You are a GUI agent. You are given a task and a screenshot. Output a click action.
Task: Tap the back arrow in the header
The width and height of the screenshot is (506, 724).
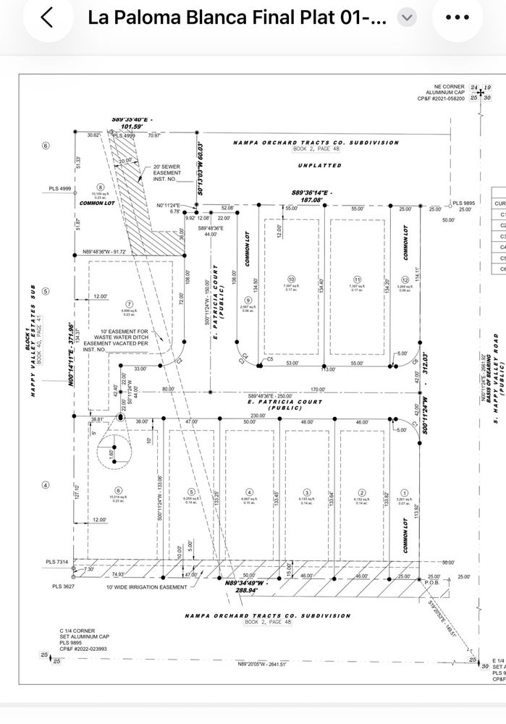coord(46,17)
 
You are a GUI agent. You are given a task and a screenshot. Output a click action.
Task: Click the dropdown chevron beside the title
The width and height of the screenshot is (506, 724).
coord(408,17)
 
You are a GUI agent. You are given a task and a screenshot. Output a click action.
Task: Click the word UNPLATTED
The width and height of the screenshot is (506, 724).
coord(319,166)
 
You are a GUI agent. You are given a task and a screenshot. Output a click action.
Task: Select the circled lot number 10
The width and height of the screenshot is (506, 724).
coord(292,279)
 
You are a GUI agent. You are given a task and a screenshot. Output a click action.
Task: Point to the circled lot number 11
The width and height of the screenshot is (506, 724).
coord(357,279)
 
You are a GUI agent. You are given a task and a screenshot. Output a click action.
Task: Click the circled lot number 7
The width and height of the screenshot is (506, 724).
coord(130,304)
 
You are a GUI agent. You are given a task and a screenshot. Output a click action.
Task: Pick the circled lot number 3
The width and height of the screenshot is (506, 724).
coord(307,491)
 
